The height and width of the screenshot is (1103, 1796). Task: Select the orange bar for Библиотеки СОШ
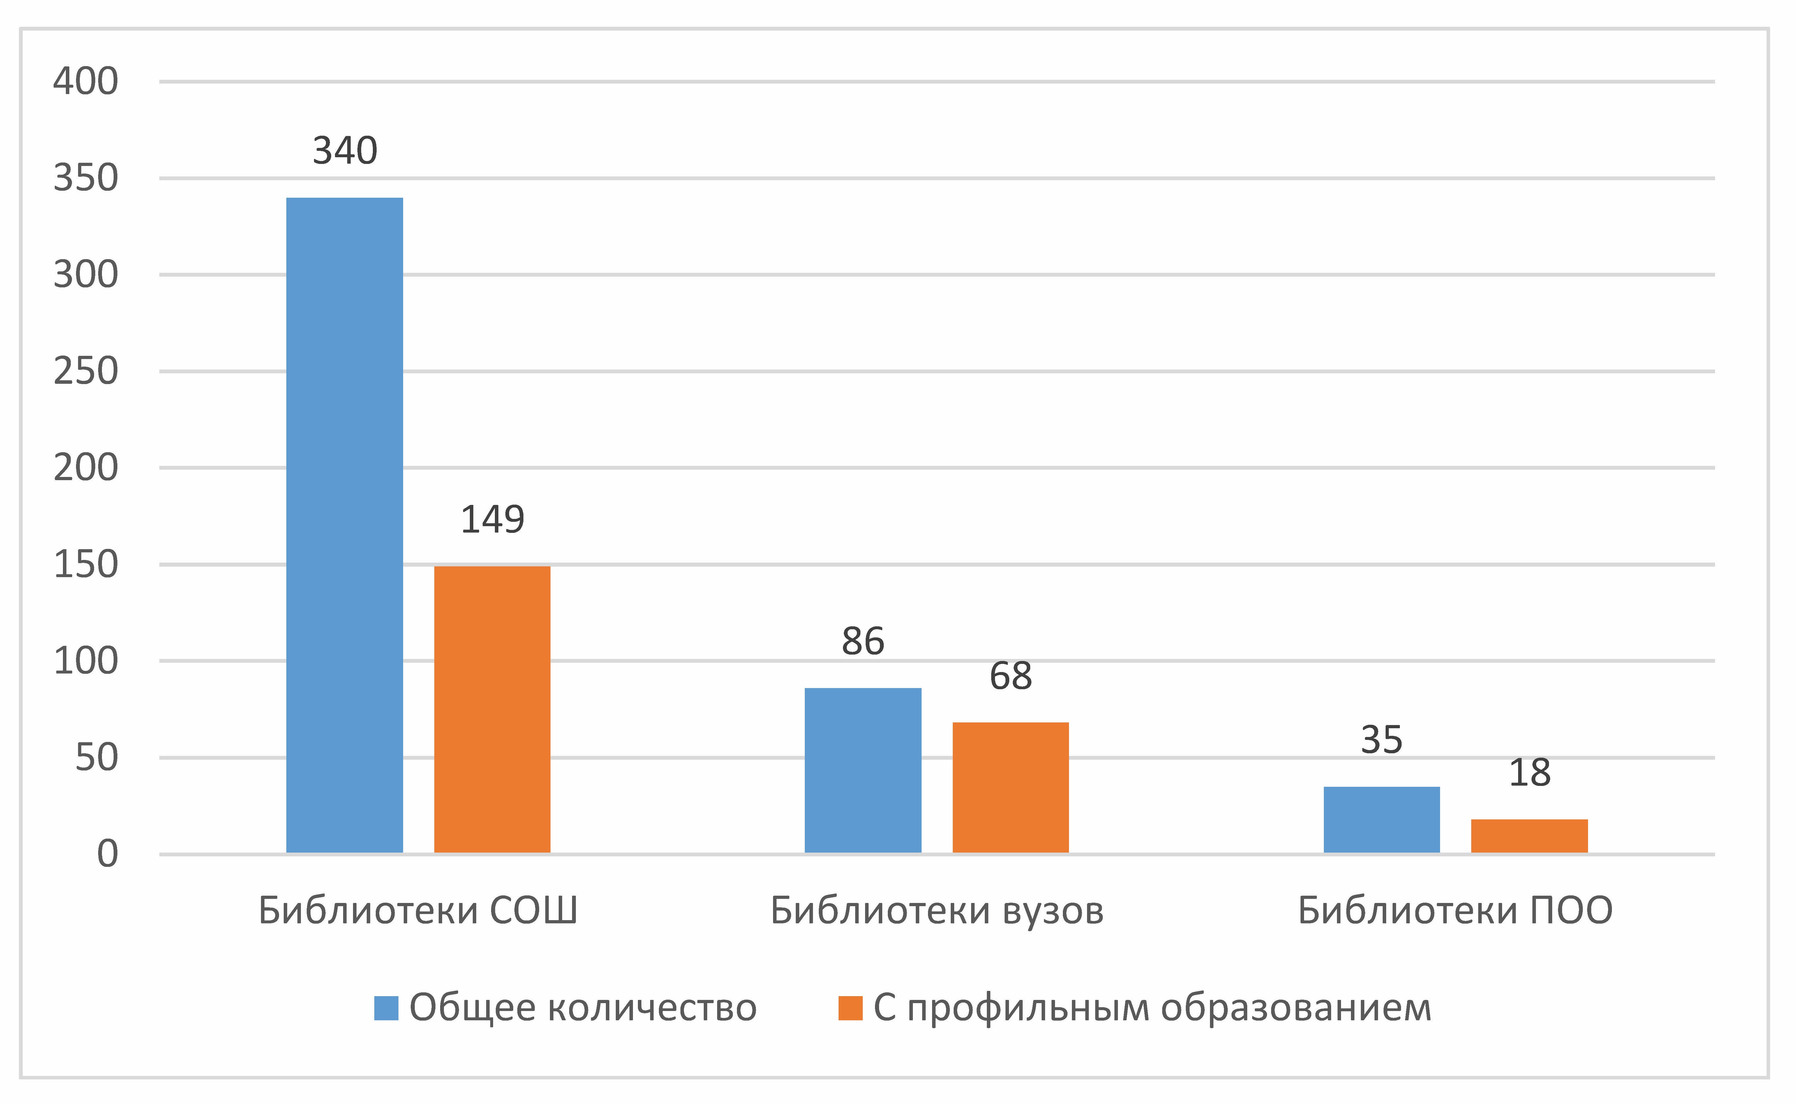point(493,709)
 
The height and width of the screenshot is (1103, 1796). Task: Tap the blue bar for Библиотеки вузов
point(863,770)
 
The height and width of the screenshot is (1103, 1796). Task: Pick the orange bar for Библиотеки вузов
point(1011,788)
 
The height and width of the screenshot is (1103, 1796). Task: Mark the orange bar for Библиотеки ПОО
point(1530,836)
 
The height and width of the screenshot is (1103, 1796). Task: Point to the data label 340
point(345,151)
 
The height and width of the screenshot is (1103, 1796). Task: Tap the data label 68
point(1011,676)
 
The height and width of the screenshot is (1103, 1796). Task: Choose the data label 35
point(1382,740)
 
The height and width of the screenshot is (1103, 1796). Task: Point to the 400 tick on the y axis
point(85,81)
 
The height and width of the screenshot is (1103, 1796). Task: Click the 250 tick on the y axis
point(85,371)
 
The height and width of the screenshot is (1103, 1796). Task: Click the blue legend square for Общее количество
point(386,1008)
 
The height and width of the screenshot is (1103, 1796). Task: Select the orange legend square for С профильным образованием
point(851,1008)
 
